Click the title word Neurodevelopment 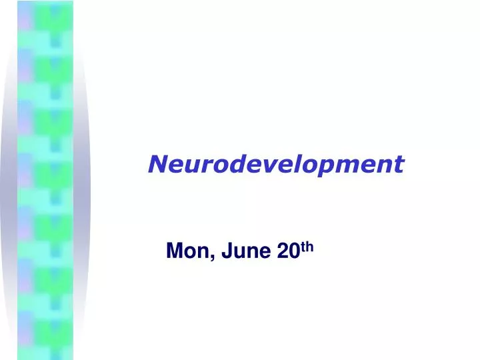tap(276, 163)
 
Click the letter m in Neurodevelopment tap(345, 164)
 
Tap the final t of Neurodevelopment tap(399, 163)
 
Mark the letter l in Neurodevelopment tap(295, 163)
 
